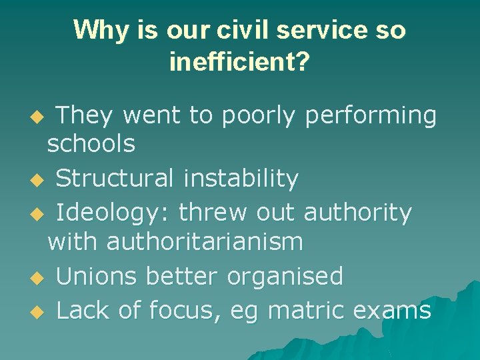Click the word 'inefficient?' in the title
coord(239,62)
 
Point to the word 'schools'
coord(91,143)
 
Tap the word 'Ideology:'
coord(113,213)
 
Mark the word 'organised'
coord(285,276)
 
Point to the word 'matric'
coord(305,310)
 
